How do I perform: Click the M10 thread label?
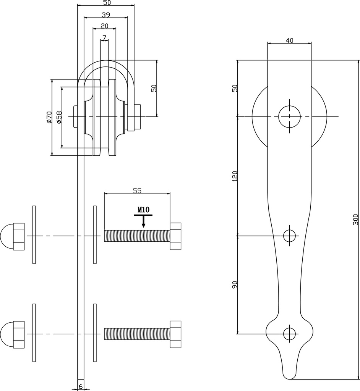pyautogui.click(x=143, y=210)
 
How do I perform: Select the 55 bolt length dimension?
pyautogui.click(x=137, y=191)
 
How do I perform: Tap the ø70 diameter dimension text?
pyautogui.click(x=49, y=117)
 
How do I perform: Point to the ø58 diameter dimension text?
pyautogui.click(x=58, y=117)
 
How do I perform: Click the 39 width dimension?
pyautogui.click(x=106, y=15)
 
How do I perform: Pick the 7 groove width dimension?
pyautogui.click(x=104, y=37)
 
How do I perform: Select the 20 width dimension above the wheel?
pyautogui.click(x=104, y=26)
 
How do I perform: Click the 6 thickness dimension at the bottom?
pyautogui.click(x=81, y=386)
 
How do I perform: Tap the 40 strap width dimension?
pyautogui.click(x=289, y=40)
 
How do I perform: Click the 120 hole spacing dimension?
pyautogui.click(x=235, y=176)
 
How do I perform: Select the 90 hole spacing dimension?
pyautogui.click(x=235, y=285)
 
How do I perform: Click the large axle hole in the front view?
pyautogui.click(x=289, y=116)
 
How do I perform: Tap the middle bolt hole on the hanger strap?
pyautogui.click(x=290, y=236)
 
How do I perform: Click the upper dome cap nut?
pyautogui.click(x=13, y=236)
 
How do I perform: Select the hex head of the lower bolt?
pyautogui.click(x=176, y=334)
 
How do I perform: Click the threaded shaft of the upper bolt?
pyautogui.click(x=137, y=236)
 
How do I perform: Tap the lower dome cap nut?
pyautogui.click(x=13, y=334)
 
